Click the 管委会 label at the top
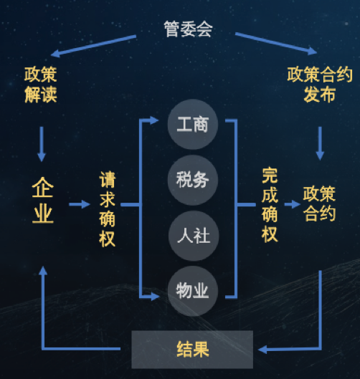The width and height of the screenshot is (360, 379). click(x=188, y=29)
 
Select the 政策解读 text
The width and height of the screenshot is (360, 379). click(x=41, y=85)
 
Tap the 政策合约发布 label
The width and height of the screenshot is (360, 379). click(x=320, y=85)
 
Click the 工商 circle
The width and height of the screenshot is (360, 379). click(x=193, y=124)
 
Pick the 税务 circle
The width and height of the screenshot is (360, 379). click(x=193, y=180)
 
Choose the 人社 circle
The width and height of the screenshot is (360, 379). click(x=194, y=236)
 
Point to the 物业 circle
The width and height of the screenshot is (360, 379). click(x=193, y=291)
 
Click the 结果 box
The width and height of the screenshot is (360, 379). click(x=192, y=350)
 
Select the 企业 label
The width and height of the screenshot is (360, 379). click(x=43, y=201)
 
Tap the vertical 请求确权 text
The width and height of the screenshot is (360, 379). click(x=107, y=209)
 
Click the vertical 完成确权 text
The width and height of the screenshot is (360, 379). click(x=270, y=204)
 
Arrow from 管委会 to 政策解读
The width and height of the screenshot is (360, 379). click(x=93, y=46)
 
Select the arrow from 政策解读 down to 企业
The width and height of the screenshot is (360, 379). click(x=42, y=144)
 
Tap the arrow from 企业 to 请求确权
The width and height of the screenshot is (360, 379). click(x=80, y=204)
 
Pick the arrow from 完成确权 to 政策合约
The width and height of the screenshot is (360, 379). click(x=293, y=204)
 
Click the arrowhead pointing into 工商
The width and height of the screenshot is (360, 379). click(x=154, y=120)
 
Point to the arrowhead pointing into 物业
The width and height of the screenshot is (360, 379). click(x=155, y=296)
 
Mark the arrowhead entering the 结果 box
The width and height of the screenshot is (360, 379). click(x=262, y=350)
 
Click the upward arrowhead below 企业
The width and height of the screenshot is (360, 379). click(x=43, y=271)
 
